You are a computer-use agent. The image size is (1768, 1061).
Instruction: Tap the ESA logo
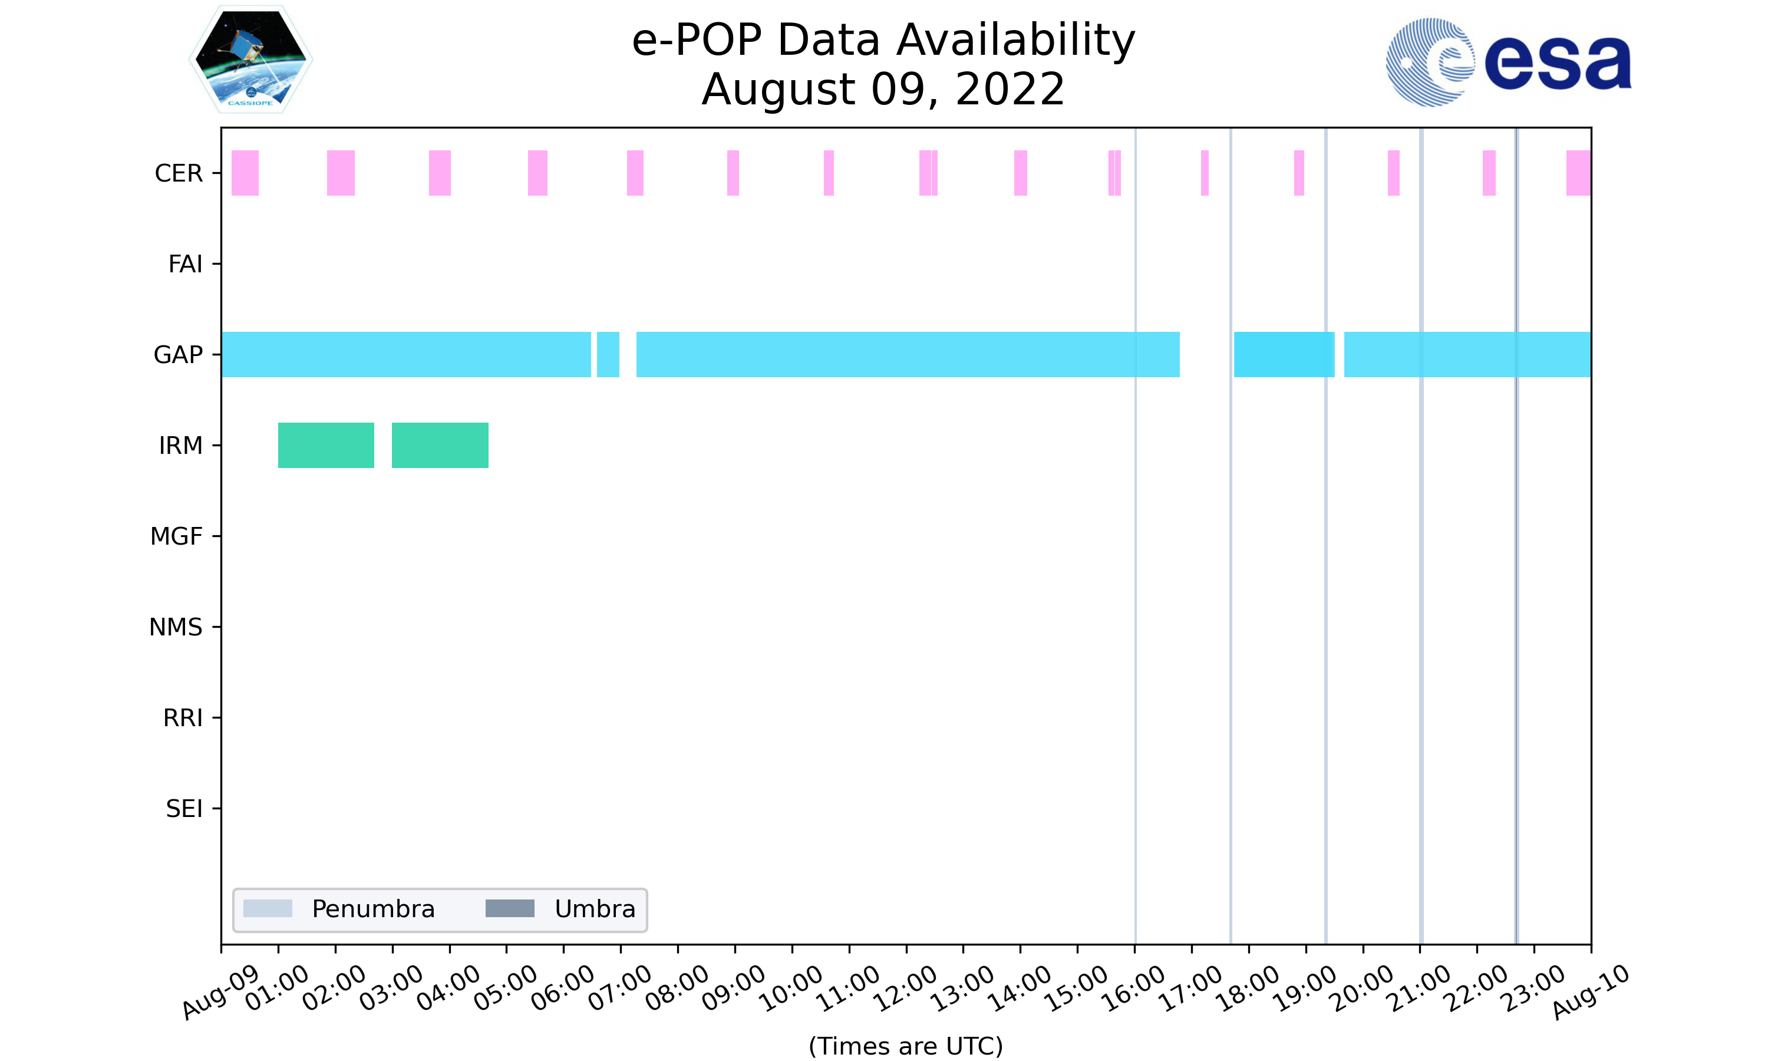(x=1508, y=62)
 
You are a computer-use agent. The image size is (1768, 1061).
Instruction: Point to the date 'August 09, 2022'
(x=883, y=90)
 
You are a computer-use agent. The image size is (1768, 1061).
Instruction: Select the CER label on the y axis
(x=179, y=173)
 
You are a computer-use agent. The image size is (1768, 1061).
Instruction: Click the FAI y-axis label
(x=185, y=264)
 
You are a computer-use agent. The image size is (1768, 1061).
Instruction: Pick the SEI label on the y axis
(x=184, y=809)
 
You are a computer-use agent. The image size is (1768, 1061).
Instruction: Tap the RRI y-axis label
(x=182, y=718)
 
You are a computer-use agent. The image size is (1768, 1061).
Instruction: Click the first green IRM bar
(x=326, y=446)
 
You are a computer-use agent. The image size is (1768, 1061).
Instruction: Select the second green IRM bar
(x=440, y=446)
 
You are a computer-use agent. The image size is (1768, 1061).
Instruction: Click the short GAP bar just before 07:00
(x=608, y=355)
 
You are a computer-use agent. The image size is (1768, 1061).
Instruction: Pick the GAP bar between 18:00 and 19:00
(x=1284, y=355)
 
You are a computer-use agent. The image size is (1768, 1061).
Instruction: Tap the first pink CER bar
(x=245, y=173)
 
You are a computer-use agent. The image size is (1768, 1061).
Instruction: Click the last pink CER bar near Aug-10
(x=1578, y=173)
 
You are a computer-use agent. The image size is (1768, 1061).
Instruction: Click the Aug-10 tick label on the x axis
(x=1590, y=993)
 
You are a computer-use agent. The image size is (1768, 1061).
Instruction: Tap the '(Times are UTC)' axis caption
(x=905, y=1046)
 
